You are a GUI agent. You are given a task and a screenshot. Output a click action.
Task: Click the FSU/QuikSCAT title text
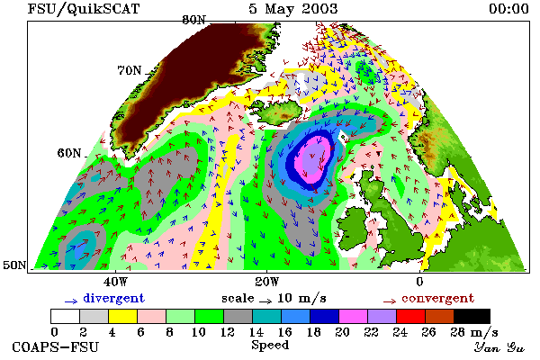[84, 9]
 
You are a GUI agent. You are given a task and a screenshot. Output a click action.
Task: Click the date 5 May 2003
[292, 9]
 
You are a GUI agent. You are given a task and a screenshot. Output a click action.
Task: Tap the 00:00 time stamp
[508, 9]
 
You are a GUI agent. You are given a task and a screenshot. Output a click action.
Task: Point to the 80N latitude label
[193, 20]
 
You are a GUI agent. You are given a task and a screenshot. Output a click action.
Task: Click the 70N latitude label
[130, 70]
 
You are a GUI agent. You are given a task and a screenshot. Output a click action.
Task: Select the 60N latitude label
[69, 153]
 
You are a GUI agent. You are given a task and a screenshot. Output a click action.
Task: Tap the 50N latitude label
[14, 265]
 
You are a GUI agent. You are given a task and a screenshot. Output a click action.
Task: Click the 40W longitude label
[115, 282]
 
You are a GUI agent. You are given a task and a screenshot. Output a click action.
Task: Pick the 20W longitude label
[267, 282]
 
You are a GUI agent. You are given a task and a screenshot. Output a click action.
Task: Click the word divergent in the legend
[114, 298]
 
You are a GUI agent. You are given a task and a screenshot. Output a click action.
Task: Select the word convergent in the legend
[437, 298]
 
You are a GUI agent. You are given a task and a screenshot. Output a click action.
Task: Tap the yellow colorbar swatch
[123, 316]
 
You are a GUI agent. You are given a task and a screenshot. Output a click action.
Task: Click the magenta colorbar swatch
[353, 316]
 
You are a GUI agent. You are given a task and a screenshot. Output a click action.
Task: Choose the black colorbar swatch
[472, 316]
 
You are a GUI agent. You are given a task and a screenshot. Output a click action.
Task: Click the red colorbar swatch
[410, 316]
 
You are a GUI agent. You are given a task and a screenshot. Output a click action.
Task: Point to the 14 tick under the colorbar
[256, 332]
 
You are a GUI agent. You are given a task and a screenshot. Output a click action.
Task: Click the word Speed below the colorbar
[270, 345]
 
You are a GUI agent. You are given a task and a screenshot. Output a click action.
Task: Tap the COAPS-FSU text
[55, 347]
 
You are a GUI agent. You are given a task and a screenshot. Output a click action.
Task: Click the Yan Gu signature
[499, 347]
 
